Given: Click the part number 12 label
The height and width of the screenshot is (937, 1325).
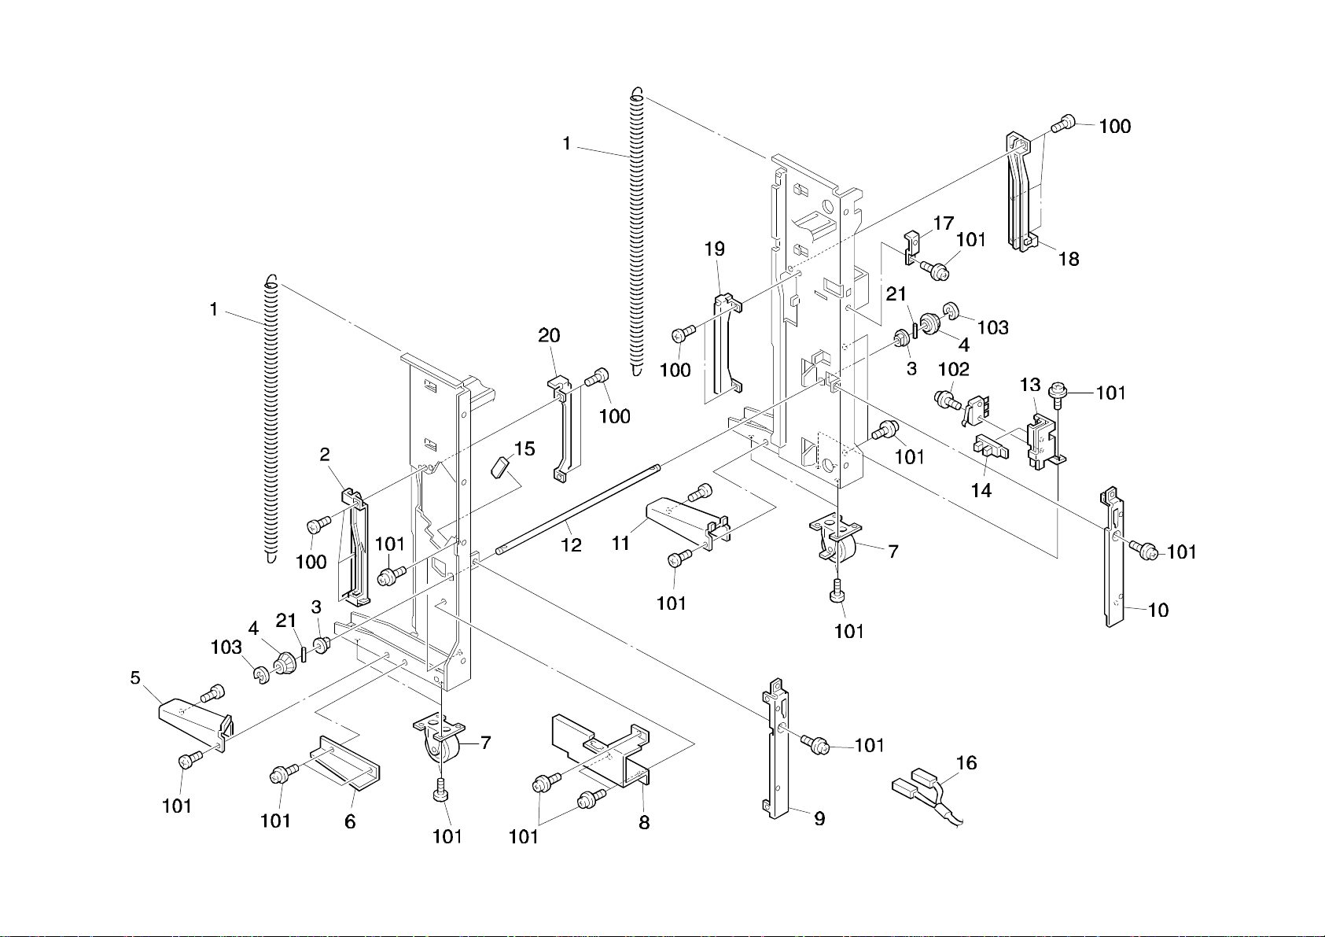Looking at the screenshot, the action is point(572,545).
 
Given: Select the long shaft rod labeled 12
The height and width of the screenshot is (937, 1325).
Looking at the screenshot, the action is point(578,510).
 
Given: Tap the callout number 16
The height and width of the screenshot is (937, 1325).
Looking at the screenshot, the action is point(966,762).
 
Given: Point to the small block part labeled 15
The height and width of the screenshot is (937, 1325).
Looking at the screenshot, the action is point(500,467).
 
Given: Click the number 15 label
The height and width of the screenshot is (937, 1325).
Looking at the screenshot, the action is point(524,448).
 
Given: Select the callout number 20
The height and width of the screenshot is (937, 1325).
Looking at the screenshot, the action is point(549,336).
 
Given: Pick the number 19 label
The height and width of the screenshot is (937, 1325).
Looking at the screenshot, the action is point(715,249).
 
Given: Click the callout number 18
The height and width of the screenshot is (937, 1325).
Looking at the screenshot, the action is point(1069,259).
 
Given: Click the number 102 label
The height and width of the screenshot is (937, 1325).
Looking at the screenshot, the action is point(954,369).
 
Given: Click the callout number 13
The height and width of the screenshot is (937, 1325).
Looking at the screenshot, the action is point(1030,385).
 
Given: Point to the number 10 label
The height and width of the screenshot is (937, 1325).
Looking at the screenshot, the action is point(1158,611).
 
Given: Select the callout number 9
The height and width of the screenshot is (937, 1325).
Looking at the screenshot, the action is point(819,819).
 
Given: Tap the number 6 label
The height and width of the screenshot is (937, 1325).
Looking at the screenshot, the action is point(350,821).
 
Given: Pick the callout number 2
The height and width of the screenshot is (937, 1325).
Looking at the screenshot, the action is point(325,455).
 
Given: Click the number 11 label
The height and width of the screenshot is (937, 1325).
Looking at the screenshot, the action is point(620,543).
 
